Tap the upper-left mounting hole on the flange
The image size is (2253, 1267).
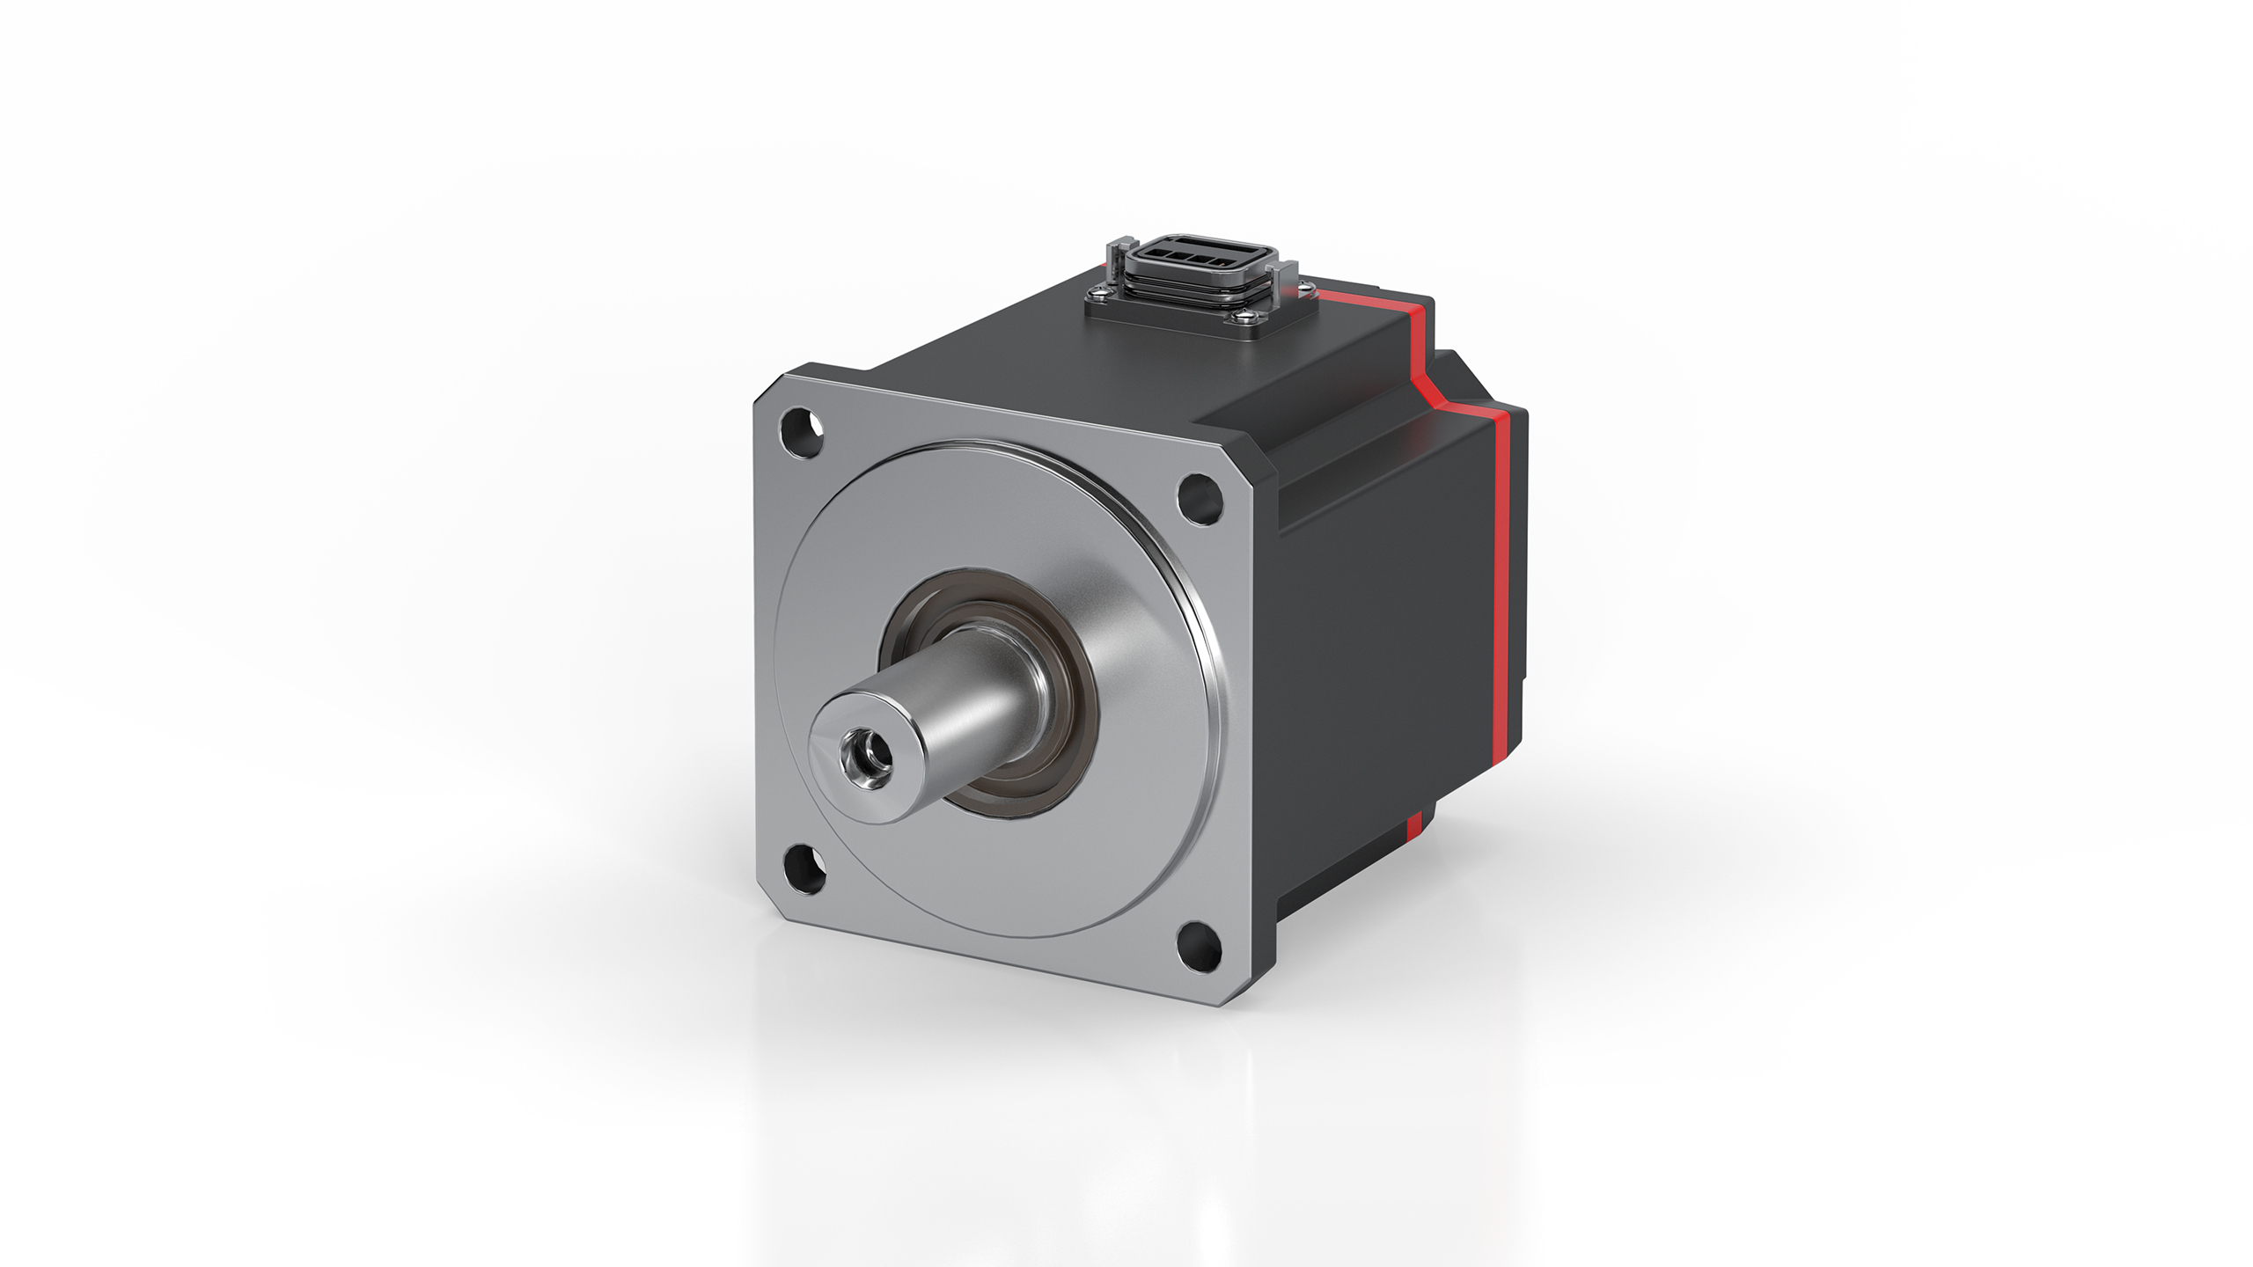[x=803, y=433]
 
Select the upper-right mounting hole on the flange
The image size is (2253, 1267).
[x=1200, y=498]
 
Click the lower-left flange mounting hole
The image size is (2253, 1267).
[x=804, y=868]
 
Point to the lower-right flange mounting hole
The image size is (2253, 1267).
[x=1200, y=947]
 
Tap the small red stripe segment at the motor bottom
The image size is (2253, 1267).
[x=1414, y=824]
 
